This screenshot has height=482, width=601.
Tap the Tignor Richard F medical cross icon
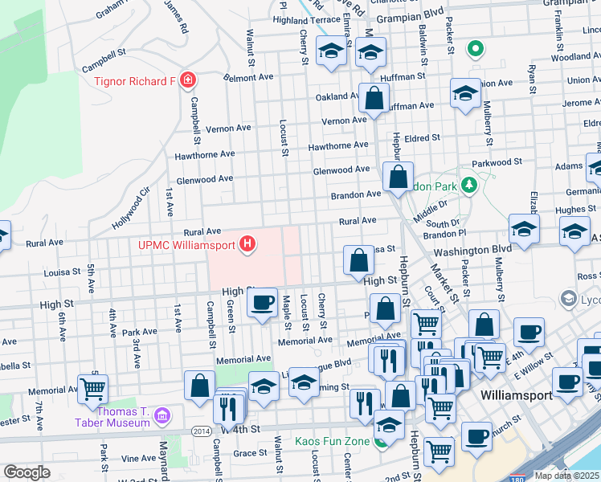[187, 80]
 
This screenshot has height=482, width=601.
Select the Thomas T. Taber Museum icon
[162, 415]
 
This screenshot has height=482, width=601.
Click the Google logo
[27, 472]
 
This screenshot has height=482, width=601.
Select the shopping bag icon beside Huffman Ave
[374, 99]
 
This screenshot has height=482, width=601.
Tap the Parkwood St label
[497, 162]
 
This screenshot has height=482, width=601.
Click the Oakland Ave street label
[337, 96]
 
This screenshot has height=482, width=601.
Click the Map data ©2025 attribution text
[567, 476]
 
